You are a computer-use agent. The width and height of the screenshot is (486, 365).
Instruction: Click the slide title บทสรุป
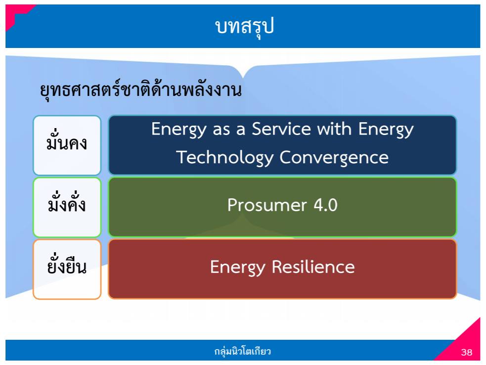[244, 27]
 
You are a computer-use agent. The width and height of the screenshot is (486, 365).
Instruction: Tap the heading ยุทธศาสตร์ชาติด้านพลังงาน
[140, 91]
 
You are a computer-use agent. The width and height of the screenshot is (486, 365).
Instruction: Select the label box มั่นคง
[67, 145]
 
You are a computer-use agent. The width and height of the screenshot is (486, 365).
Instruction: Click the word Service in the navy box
[281, 130]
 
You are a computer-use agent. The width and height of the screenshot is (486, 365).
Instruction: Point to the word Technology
[225, 158]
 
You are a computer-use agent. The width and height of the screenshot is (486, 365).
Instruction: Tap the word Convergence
[334, 158]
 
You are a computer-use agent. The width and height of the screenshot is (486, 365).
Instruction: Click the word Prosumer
[261, 205]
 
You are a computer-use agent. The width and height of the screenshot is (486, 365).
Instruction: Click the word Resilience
[313, 267]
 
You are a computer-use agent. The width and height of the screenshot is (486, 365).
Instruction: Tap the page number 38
[466, 353]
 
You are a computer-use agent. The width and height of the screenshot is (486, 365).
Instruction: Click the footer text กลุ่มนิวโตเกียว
[243, 352]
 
